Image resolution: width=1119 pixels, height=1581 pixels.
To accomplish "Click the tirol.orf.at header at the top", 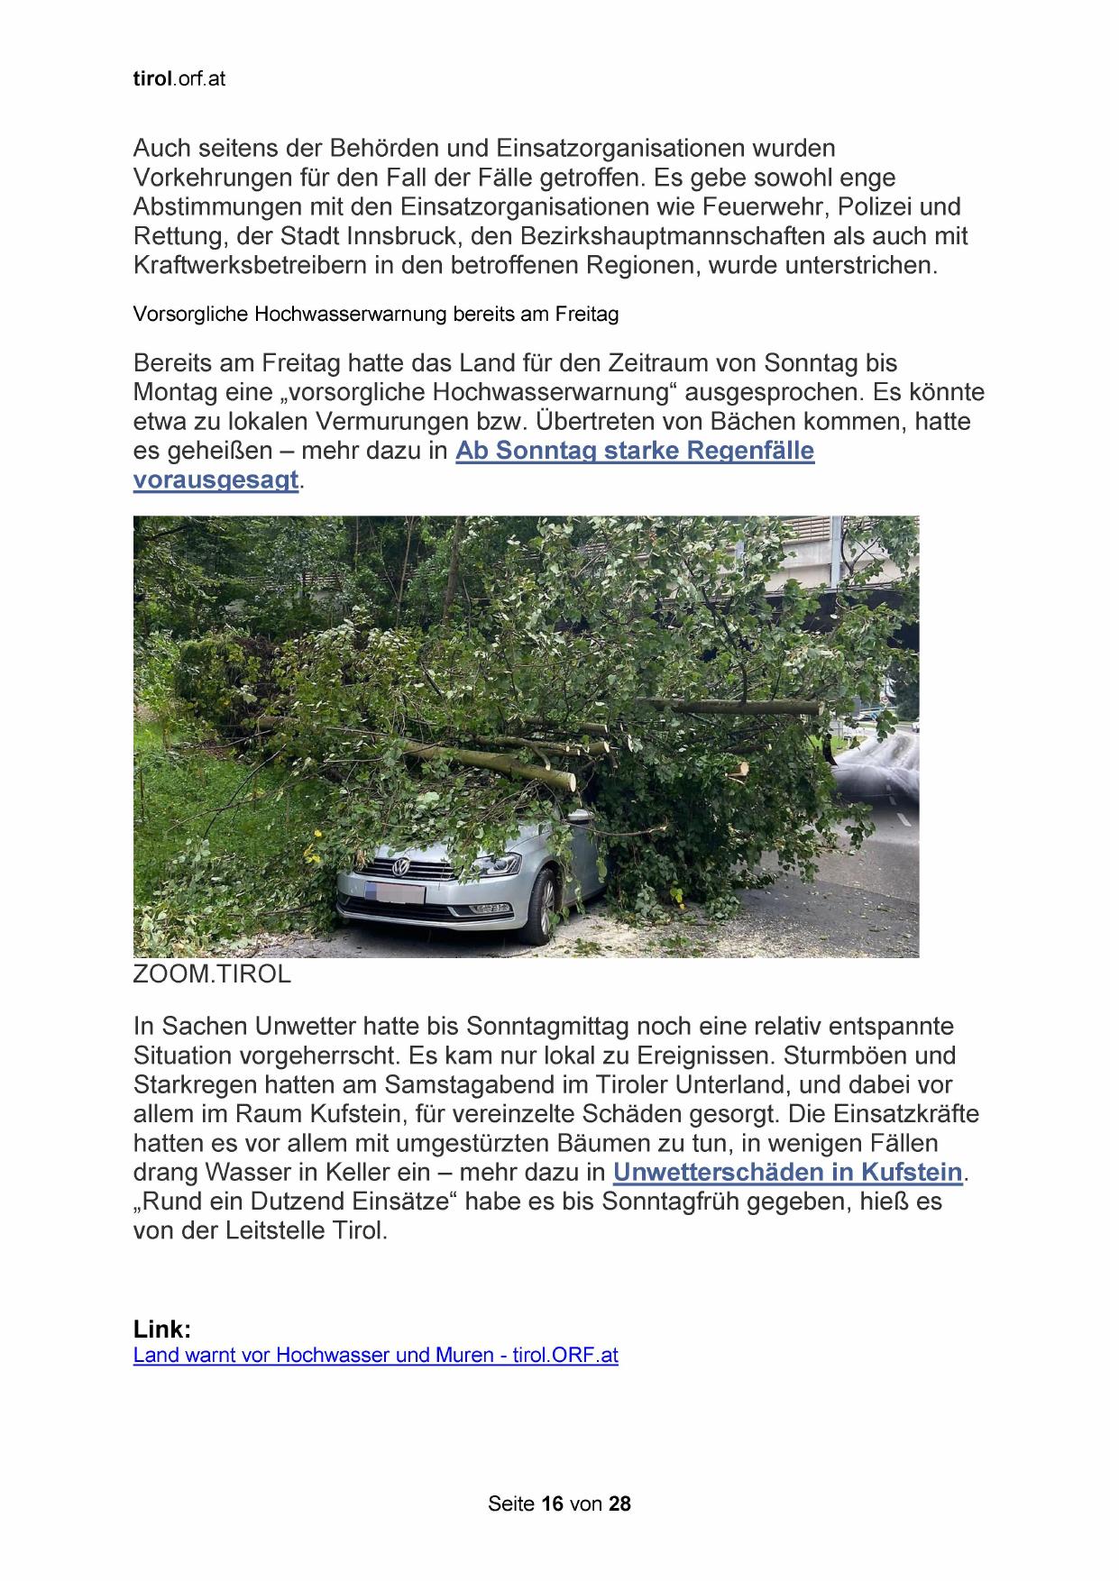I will [179, 79].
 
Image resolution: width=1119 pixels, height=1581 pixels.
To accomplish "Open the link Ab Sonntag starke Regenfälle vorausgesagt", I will [634, 451].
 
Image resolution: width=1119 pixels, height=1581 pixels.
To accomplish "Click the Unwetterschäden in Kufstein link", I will [787, 1173].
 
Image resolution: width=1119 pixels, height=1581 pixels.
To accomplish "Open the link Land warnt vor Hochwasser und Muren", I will [375, 1355].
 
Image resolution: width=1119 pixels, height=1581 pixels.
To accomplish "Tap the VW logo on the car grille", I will [400, 868].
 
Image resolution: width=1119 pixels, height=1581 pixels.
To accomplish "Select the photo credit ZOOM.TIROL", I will [212, 974].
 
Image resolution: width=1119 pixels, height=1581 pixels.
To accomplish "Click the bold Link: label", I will [162, 1330].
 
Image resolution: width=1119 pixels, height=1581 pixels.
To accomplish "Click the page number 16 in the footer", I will [553, 1503].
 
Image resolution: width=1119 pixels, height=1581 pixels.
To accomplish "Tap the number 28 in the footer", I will [619, 1503].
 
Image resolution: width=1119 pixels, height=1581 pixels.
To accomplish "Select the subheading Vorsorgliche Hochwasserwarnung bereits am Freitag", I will [375, 315].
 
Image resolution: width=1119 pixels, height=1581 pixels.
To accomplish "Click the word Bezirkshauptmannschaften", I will [675, 236].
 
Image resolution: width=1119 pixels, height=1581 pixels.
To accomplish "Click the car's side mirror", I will [577, 816].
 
